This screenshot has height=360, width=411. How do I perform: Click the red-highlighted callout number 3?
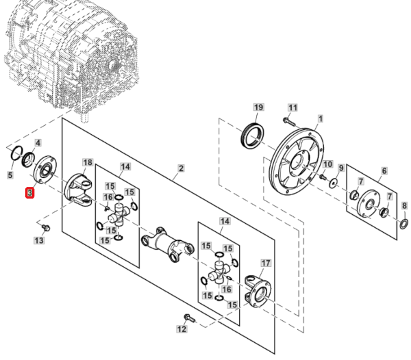(30, 193)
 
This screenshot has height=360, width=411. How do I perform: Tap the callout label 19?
(258, 107)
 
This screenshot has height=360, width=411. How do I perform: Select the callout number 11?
(292, 107)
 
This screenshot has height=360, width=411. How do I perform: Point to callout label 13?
(39, 240)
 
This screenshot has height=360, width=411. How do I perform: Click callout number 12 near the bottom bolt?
(182, 329)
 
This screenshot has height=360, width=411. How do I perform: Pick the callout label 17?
(266, 263)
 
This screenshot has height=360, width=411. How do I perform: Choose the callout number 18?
(88, 162)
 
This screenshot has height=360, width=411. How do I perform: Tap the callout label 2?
(181, 168)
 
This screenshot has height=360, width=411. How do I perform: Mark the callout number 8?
(404, 206)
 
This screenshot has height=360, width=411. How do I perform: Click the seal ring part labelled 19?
(253, 136)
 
